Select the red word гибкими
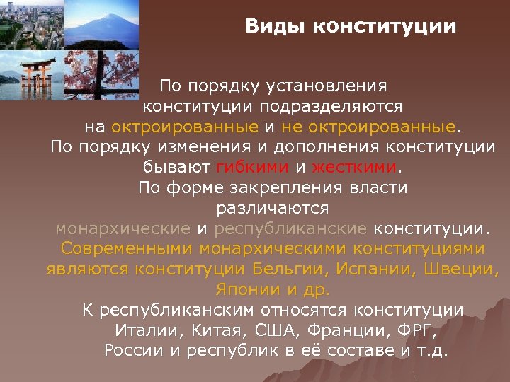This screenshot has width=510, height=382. click(x=252, y=168)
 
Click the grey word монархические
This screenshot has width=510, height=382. click(x=123, y=228)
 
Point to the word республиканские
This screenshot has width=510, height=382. click(x=290, y=228)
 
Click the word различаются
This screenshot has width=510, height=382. click(x=273, y=209)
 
